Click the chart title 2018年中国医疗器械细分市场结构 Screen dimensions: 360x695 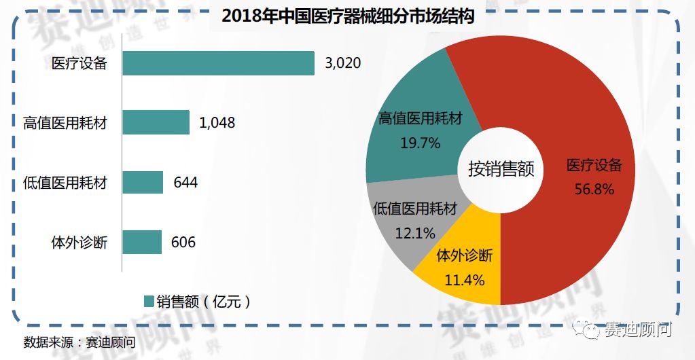coord(347,16)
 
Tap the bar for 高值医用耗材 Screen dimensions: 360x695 coord(156,123)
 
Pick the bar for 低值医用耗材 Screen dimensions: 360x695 coord(143,182)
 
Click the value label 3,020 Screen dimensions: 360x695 coord(342,64)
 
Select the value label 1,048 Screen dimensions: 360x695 coord(217,123)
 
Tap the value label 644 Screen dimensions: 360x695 coord(185,182)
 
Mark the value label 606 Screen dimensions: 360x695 coord(183,242)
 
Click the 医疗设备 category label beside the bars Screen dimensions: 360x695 coord(79,65)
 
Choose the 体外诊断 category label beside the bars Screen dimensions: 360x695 coord(79,242)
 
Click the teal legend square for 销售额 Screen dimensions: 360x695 coord(149,302)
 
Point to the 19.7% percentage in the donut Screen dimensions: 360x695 coord(420,143)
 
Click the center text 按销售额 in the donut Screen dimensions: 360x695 coord(501,169)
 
